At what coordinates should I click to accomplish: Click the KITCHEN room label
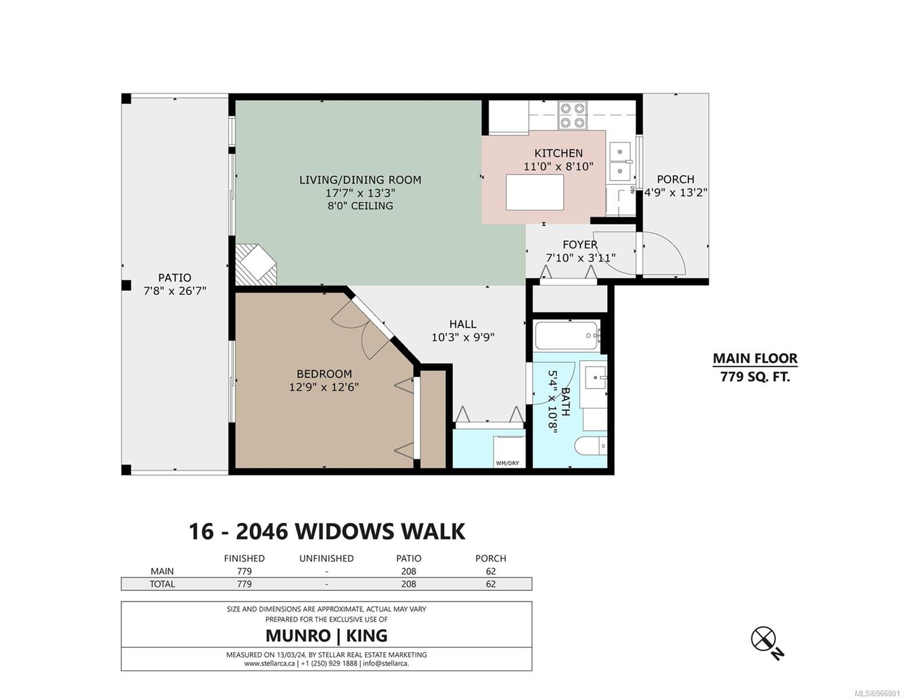558,153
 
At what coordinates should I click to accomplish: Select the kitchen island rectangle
535,193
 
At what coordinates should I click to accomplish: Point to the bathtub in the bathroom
568,336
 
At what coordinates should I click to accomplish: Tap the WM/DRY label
508,463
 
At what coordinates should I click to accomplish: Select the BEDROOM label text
324,374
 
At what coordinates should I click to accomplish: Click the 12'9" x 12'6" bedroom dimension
324,387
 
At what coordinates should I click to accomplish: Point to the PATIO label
174,277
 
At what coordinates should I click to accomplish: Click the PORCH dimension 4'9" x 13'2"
675,193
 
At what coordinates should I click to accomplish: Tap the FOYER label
580,244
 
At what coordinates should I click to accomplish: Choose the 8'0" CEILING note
360,206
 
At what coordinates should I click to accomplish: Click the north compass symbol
763,639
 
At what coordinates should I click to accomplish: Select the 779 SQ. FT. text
755,377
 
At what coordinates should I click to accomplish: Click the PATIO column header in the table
409,558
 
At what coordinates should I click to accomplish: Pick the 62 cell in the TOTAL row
490,584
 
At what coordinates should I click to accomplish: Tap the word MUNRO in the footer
298,636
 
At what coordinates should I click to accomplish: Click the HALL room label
462,324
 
